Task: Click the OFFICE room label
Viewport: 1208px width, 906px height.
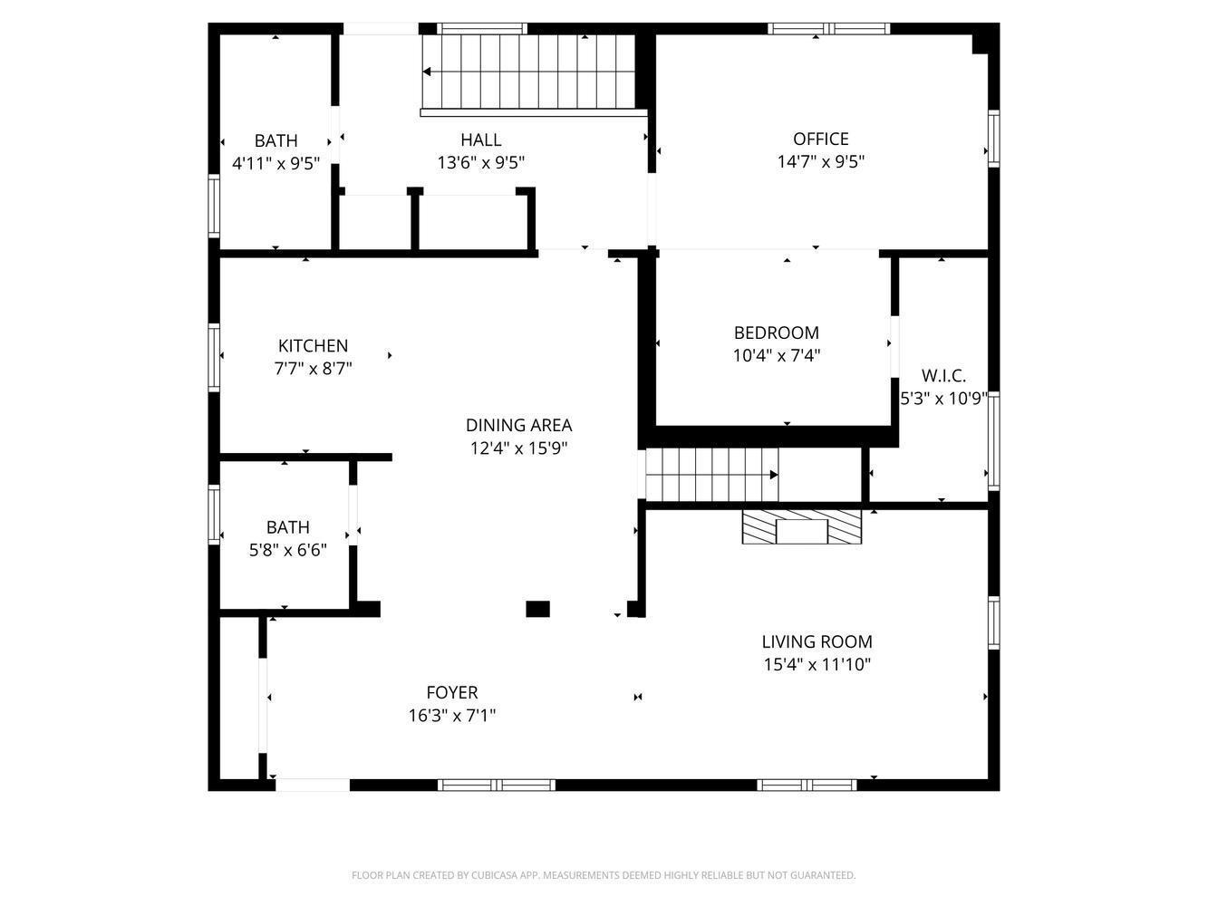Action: point(820,139)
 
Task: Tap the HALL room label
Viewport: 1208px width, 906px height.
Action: point(480,140)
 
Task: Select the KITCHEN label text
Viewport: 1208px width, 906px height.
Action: point(313,345)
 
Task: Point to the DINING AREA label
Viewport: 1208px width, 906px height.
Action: point(518,425)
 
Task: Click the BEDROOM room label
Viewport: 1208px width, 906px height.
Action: point(776,333)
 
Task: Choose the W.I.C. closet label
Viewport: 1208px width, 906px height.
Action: point(943,375)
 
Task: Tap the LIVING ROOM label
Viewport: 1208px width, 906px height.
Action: point(817,641)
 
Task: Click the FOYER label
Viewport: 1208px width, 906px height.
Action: point(451,693)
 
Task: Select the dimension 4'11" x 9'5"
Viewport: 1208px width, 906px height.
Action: point(275,164)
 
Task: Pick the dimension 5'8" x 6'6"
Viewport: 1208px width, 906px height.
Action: point(287,550)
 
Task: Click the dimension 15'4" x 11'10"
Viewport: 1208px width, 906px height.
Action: point(817,665)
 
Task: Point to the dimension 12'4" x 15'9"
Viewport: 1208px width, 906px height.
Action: point(518,448)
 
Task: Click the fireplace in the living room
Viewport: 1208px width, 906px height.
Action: point(801,526)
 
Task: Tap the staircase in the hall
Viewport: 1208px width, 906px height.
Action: point(530,72)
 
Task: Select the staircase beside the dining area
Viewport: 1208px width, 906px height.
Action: point(711,474)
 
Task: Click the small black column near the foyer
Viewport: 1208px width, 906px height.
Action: point(537,609)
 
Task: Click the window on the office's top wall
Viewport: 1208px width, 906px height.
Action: point(828,28)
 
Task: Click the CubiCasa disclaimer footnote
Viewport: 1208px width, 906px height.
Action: point(604,875)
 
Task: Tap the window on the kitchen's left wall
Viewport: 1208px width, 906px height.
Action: point(215,357)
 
